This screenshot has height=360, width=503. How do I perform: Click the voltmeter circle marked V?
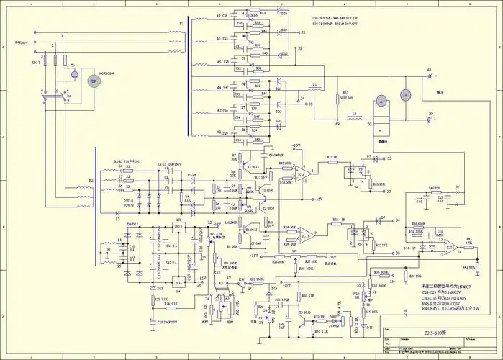click(404, 94)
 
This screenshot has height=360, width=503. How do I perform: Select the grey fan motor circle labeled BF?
click(92, 81)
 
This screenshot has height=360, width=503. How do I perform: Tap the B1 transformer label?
click(181, 24)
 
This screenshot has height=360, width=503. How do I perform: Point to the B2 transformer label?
click(90, 181)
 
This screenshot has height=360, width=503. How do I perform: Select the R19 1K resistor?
click(332, 159)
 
